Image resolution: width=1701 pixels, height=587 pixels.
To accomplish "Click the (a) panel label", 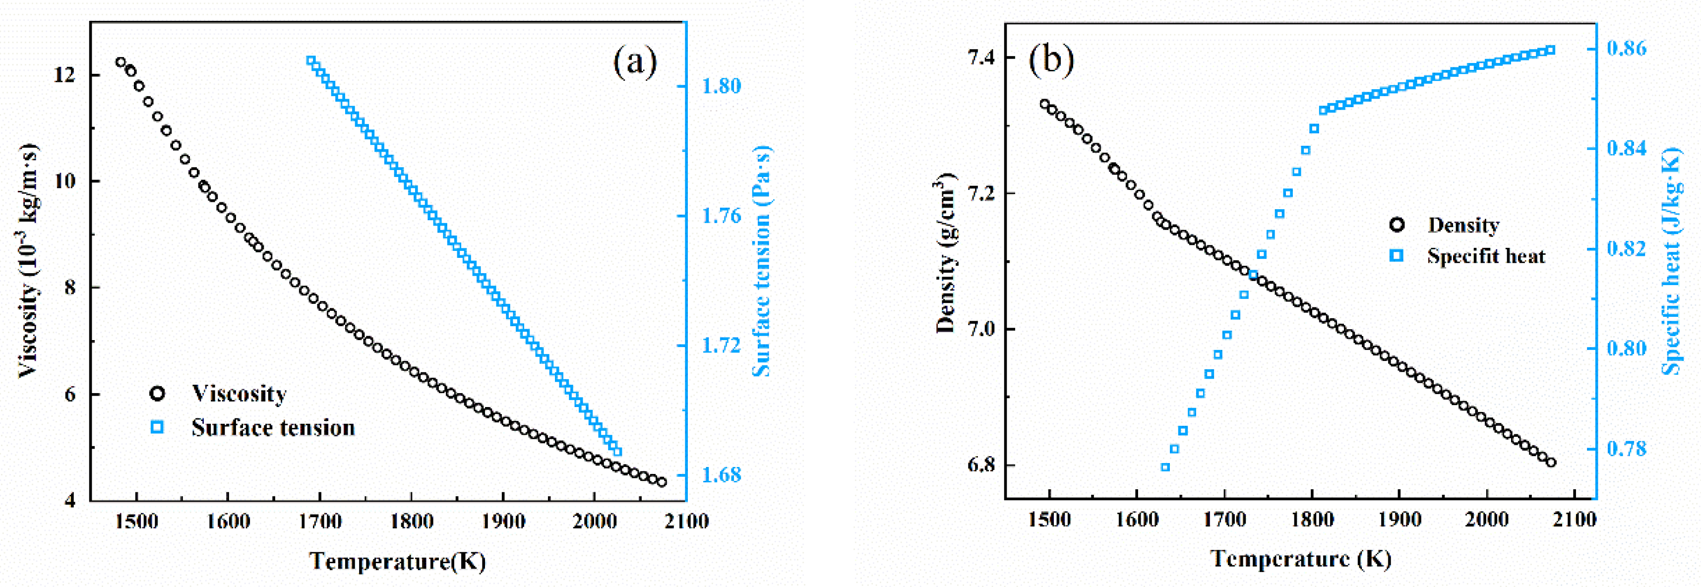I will (x=635, y=63).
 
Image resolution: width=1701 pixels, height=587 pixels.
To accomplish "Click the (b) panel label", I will (x=1051, y=59).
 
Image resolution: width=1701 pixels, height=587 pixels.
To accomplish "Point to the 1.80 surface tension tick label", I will (x=721, y=86).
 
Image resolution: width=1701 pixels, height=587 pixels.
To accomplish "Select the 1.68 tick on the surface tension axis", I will (x=721, y=475).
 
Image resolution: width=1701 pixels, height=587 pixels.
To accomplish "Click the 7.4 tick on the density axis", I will (x=980, y=58).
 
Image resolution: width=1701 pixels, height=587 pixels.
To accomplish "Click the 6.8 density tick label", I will (x=980, y=465).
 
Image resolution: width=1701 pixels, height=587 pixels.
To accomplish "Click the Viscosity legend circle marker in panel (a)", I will (x=157, y=394).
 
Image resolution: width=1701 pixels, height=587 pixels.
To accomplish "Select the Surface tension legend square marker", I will (x=157, y=427).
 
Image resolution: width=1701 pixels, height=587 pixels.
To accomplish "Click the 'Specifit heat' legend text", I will (x=1486, y=256).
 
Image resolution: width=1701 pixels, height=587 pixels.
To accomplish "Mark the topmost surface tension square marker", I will (x=311, y=61).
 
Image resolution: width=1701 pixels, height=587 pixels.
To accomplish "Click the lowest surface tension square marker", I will (x=617, y=452).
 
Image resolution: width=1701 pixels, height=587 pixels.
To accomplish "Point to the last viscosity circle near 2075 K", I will (x=662, y=482).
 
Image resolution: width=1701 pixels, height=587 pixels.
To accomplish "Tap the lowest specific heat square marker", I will (x=1165, y=468).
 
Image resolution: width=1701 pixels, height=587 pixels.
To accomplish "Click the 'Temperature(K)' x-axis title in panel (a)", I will (x=398, y=561).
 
